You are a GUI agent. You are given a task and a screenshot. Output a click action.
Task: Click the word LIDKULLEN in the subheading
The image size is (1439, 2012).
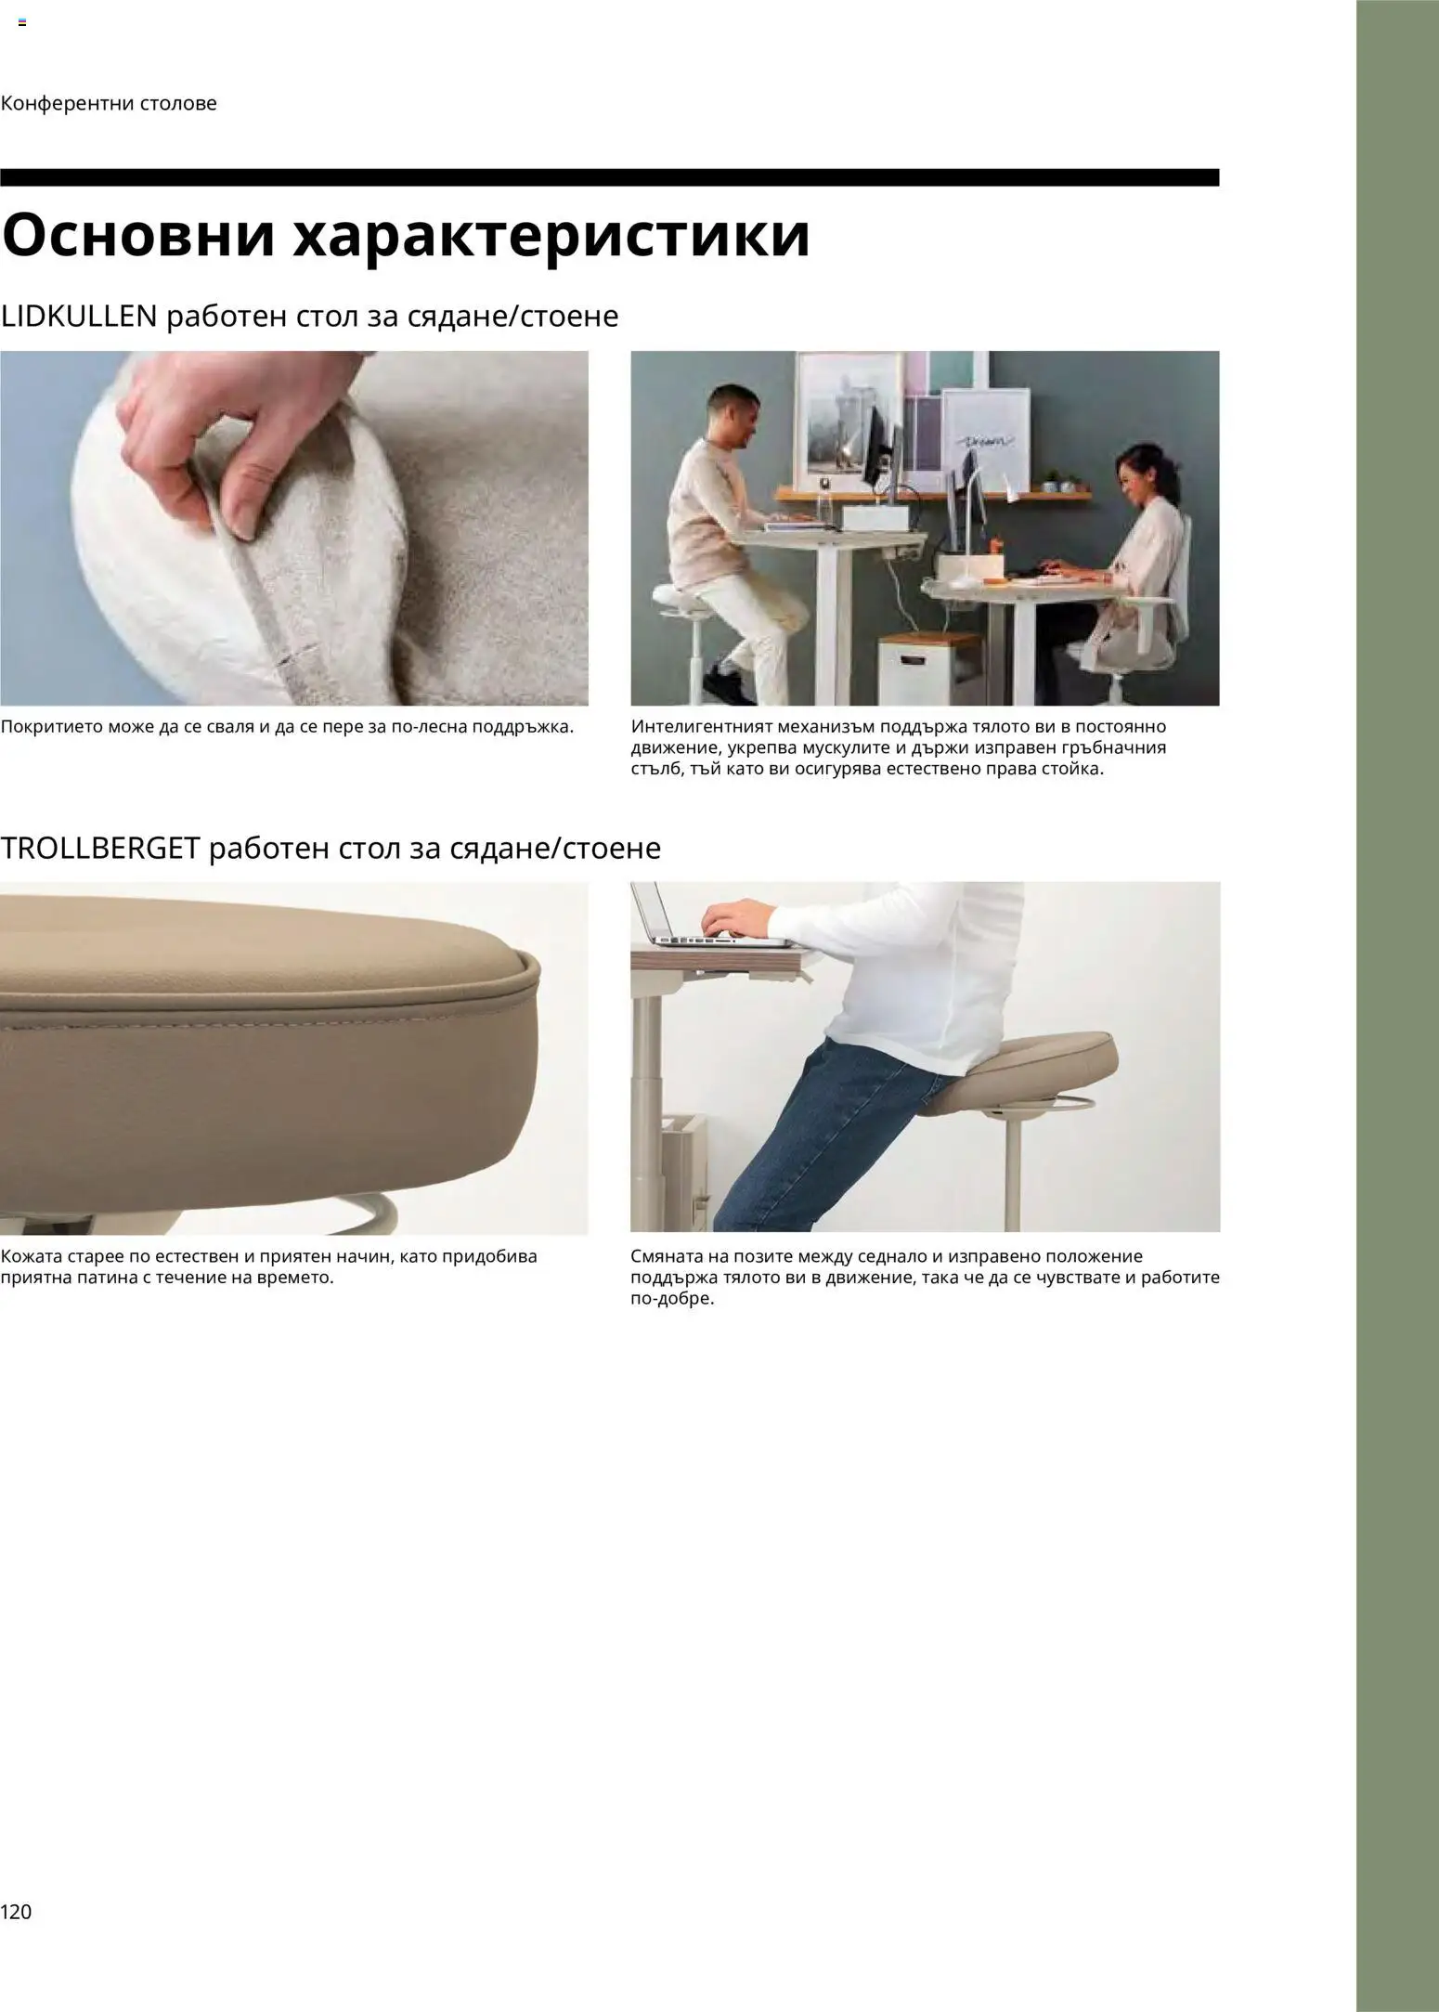point(79,318)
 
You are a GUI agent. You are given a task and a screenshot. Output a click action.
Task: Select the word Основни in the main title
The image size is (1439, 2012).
point(138,237)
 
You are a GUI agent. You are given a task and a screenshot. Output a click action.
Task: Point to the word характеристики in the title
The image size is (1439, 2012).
point(552,237)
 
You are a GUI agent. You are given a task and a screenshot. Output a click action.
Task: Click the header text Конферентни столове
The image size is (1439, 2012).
point(109,103)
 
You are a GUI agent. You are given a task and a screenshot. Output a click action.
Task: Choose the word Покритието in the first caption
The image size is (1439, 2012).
point(50,726)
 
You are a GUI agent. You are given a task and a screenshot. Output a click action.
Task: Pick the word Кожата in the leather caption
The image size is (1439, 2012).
point(31,1256)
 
